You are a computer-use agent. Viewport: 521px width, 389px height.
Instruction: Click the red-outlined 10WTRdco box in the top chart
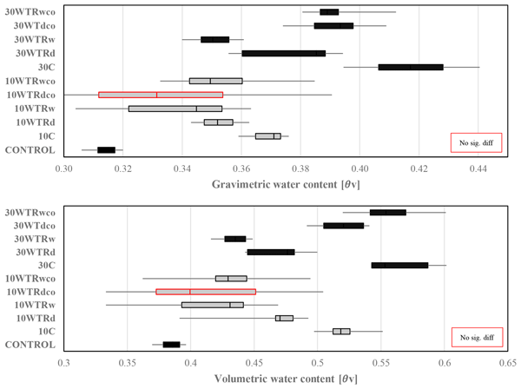click(x=160, y=95)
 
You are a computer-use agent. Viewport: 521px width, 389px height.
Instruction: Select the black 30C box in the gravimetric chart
click(x=411, y=67)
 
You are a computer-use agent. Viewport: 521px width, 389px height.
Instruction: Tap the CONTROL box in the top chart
click(x=106, y=150)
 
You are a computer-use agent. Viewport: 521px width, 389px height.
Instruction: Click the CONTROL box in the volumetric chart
click(x=171, y=345)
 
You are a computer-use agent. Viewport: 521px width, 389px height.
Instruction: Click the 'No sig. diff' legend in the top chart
click(x=475, y=142)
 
